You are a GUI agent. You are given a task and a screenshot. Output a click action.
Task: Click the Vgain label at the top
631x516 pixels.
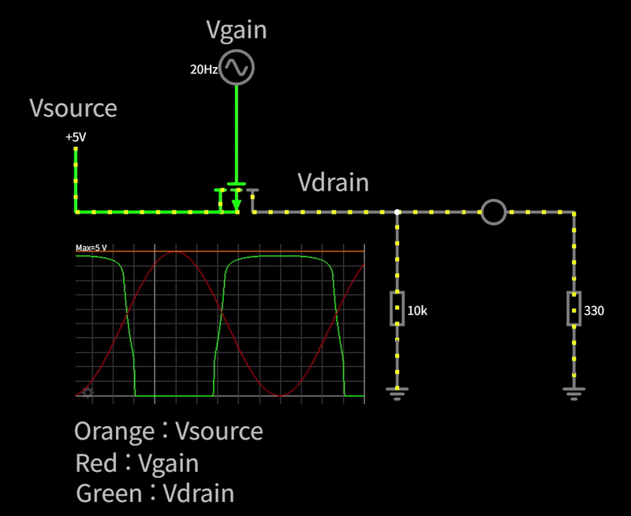click(x=237, y=30)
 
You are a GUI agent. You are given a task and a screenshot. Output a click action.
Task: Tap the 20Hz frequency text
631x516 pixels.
click(x=203, y=69)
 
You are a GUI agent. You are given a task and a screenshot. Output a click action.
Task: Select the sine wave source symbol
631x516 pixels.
click(x=237, y=68)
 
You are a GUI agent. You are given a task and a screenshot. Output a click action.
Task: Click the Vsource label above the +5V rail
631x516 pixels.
click(x=73, y=108)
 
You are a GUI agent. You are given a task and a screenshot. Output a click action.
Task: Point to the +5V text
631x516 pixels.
click(x=76, y=137)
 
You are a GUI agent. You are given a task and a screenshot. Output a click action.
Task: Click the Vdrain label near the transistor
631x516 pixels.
click(x=333, y=182)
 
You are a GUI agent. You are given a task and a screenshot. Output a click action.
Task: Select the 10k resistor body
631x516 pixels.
click(x=397, y=308)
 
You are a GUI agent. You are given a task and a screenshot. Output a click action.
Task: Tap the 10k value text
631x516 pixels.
click(x=416, y=311)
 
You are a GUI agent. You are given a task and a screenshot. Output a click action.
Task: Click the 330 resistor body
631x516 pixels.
click(x=573, y=308)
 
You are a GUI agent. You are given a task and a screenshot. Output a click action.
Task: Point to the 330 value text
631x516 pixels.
click(x=593, y=311)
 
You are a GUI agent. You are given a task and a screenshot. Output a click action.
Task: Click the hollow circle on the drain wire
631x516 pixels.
click(x=494, y=212)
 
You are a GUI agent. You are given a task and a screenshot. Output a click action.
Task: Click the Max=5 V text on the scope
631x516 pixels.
click(x=91, y=248)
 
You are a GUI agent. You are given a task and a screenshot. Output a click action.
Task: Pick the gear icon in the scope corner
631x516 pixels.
click(x=87, y=392)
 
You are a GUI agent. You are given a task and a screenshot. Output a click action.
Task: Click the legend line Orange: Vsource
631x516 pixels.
click(x=168, y=432)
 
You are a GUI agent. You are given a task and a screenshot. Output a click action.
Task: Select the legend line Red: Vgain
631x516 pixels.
click(x=136, y=463)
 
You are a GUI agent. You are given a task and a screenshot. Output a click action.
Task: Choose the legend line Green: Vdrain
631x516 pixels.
click(x=155, y=494)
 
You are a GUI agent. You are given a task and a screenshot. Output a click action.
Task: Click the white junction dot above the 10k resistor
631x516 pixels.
click(x=397, y=212)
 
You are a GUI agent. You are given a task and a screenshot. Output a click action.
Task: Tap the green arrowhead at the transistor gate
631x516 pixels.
click(x=237, y=205)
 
